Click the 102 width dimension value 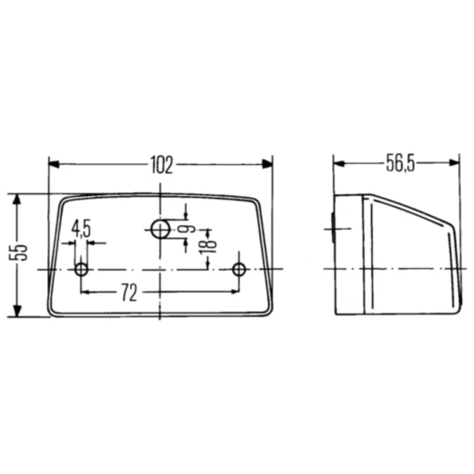click(x=160, y=165)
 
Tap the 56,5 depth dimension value click(x=398, y=164)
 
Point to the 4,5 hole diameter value click(x=80, y=228)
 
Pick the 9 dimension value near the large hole click(x=188, y=228)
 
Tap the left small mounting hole click(x=81, y=270)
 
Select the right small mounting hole click(x=240, y=270)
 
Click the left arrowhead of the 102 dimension click(x=54, y=165)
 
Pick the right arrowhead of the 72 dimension click(x=234, y=293)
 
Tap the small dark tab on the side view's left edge click(x=333, y=223)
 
